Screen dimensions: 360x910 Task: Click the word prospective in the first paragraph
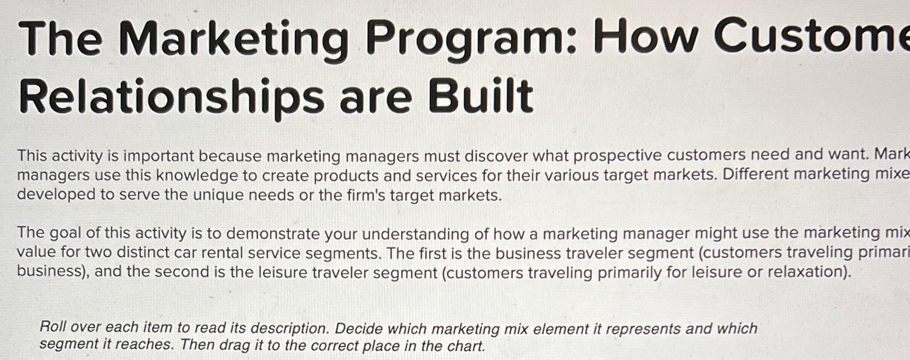pos(617,155)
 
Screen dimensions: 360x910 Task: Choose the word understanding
pos(415,234)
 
